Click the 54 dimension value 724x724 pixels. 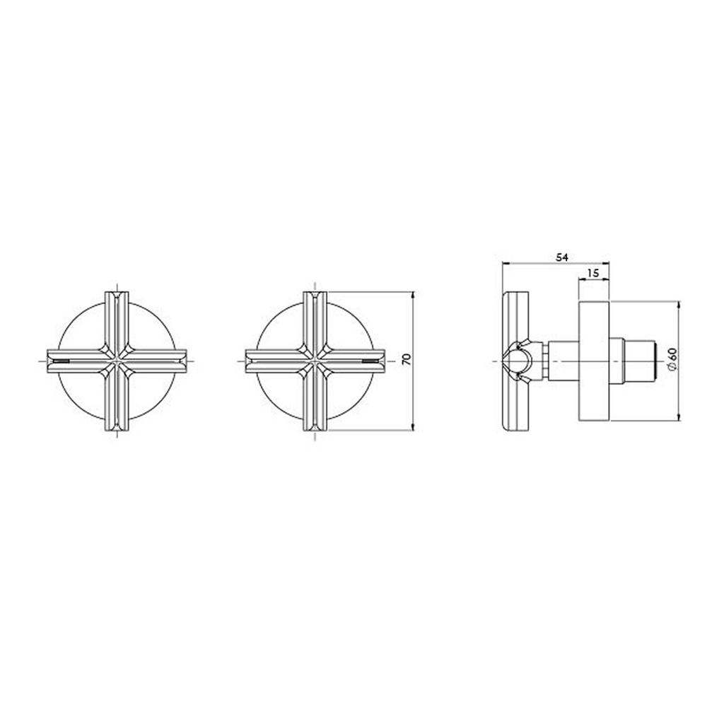pos(561,257)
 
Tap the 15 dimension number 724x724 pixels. pos(593,273)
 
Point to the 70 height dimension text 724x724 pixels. pos(407,360)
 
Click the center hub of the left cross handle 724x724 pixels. pos(117,361)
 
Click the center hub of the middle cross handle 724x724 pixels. pos(315,361)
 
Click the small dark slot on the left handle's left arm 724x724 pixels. pos(62,361)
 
